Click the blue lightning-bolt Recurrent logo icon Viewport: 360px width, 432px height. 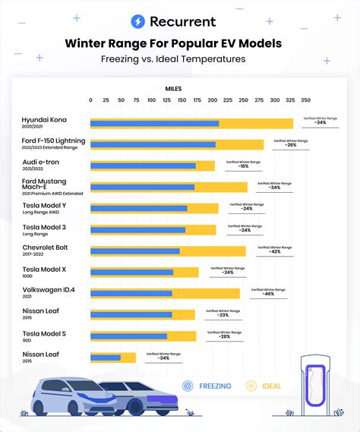click(138, 22)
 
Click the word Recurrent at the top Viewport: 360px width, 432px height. click(182, 22)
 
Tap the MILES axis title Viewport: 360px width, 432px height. click(174, 89)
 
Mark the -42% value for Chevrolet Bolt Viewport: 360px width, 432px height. click(274, 251)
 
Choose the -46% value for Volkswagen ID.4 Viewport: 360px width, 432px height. click(267, 293)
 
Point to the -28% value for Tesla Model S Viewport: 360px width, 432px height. click(224, 336)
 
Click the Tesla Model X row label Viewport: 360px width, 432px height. click(44, 270)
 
